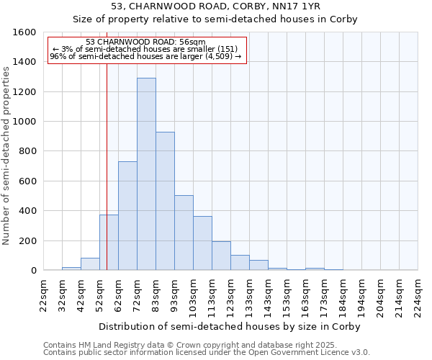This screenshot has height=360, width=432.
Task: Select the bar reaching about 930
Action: point(165,202)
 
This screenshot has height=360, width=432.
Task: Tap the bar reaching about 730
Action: point(127,216)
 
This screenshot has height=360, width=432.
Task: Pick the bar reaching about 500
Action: point(184,233)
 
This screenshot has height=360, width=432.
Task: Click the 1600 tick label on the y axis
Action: point(24,32)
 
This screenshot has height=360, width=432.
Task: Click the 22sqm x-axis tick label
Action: point(43,294)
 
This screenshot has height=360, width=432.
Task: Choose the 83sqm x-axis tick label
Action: point(156,294)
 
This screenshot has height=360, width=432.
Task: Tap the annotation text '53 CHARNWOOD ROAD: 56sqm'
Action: point(145,42)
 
